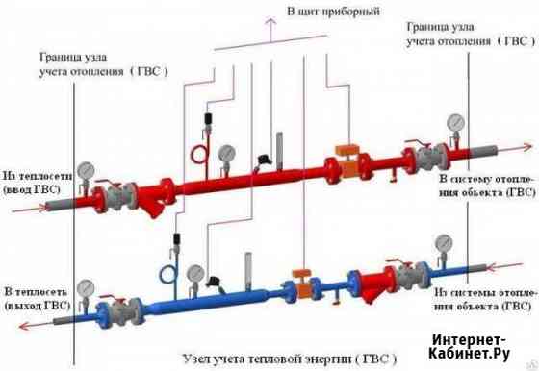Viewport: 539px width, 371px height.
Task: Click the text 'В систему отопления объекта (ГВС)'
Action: click(x=486, y=185)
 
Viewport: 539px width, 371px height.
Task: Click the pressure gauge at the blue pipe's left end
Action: click(x=85, y=287)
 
